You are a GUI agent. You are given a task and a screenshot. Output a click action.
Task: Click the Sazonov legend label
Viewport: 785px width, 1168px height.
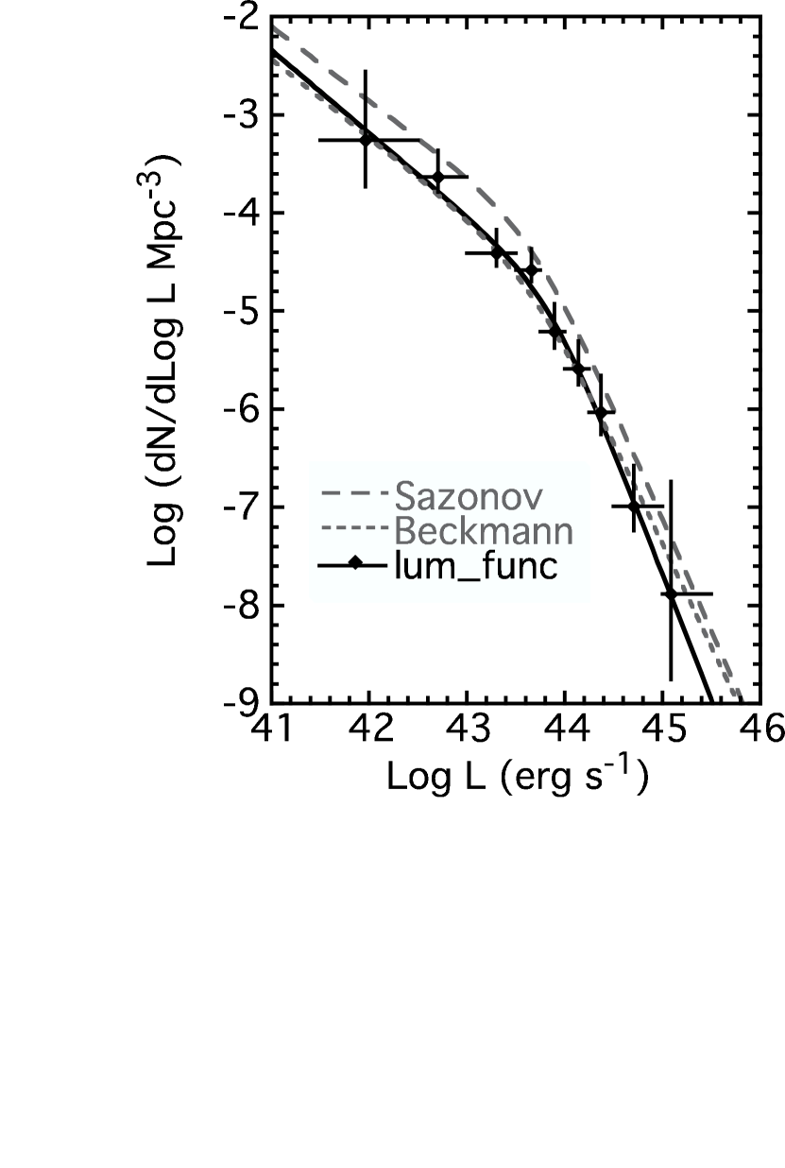tap(469, 494)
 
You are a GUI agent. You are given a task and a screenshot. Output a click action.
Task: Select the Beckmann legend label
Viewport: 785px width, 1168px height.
tap(483, 531)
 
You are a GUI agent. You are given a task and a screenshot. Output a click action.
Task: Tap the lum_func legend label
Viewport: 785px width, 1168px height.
tap(475, 567)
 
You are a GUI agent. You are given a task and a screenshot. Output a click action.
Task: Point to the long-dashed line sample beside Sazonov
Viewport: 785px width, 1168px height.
tap(353, 493)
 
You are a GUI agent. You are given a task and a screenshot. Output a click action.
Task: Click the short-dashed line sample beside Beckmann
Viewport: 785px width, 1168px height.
tap(353, 529)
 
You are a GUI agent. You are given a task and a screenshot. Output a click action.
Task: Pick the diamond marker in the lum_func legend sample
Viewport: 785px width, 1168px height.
tap(354, 565)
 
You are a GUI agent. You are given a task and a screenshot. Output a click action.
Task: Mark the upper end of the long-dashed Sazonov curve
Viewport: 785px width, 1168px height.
tap(276, 28)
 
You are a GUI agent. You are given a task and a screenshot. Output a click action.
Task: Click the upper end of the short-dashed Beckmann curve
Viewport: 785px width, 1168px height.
tap(276, 60)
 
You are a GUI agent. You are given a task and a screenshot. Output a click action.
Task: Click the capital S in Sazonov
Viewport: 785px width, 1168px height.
tap(404, 494)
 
